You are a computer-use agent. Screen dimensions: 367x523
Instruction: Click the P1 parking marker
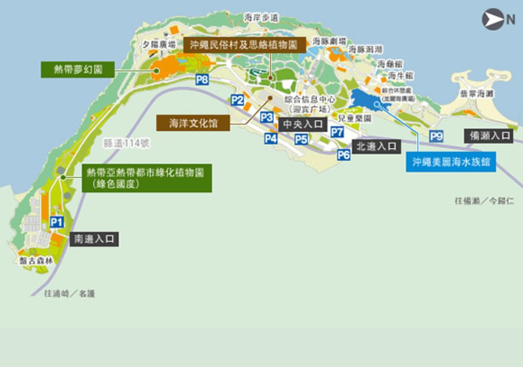[57, 222]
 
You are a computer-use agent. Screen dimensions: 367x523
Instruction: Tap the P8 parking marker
[202, 80]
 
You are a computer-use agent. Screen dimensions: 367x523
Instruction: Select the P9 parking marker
[436, 136]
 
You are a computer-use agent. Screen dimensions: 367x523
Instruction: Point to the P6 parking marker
[344, 154]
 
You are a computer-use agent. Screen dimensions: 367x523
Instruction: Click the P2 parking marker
[237, 100]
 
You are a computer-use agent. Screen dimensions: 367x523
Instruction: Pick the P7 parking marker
[337, 132]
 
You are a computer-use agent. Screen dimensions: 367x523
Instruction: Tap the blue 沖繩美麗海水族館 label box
[450, 162]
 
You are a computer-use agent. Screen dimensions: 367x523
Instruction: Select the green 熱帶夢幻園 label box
[78, 69]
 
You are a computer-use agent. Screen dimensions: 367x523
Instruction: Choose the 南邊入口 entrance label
[94, 239]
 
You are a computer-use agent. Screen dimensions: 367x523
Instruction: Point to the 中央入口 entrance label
[303, 124]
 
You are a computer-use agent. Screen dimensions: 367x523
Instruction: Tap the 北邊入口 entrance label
[377, 147]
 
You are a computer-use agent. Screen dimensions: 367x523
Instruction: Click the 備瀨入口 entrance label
[489, 135]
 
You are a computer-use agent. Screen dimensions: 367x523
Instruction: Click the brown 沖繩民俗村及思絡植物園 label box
[244, 45]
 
